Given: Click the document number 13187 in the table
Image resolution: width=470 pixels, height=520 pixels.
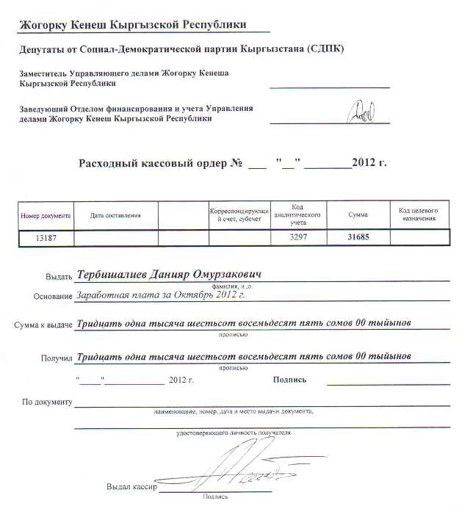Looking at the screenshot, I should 46,238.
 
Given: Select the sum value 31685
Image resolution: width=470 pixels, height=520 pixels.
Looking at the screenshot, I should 361,237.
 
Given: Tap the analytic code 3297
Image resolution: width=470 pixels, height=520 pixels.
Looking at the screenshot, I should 298,238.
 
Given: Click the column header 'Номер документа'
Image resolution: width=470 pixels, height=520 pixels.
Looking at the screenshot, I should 46,216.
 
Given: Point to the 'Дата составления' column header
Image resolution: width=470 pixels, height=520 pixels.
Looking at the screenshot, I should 115,216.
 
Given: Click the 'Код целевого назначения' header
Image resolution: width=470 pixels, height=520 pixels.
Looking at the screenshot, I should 419,214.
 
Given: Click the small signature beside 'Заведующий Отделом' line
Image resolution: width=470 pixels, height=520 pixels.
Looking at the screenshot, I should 361,114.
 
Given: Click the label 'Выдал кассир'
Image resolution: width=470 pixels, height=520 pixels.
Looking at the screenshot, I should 132,487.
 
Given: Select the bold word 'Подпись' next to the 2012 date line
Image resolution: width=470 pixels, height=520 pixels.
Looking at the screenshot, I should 289,380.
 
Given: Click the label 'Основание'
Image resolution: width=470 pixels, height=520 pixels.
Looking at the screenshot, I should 53,297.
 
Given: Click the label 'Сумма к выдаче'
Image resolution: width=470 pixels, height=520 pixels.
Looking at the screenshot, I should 42,325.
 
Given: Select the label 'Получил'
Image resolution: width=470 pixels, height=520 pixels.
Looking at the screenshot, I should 57,358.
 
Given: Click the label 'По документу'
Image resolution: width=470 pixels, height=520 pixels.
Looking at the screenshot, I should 46,402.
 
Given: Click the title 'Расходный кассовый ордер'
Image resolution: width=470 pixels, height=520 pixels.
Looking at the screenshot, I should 153,162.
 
